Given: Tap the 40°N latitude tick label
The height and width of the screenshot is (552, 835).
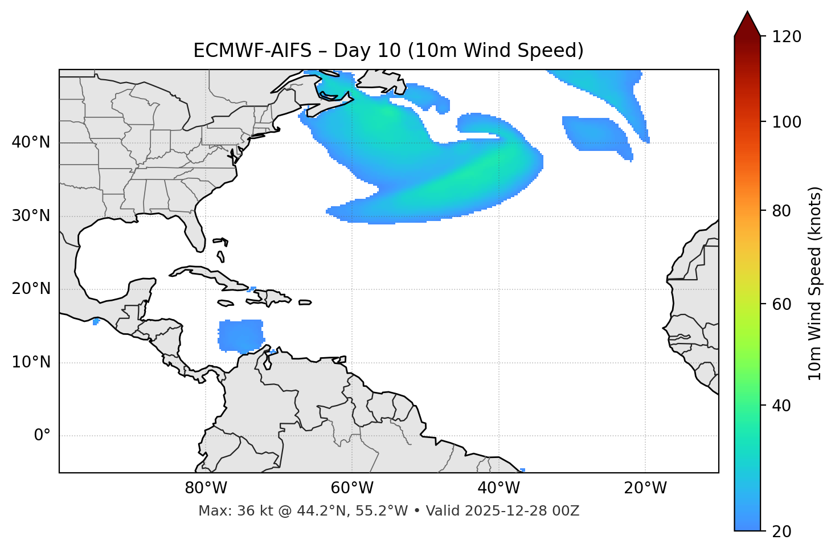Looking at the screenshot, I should (x=31, y=142).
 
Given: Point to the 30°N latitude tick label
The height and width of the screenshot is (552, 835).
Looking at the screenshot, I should (x=31, y=216).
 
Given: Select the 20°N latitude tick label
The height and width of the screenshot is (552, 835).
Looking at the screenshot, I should (x=31, y=289).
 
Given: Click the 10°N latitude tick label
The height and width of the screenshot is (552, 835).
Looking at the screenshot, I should (x=31, y=362).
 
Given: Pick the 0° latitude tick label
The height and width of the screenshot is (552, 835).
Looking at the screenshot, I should (x=42, y=436).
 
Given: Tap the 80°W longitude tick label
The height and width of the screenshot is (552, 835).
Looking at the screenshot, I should (x=206, y=488).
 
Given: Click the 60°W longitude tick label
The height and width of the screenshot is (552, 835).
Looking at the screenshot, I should (x=352, y=488).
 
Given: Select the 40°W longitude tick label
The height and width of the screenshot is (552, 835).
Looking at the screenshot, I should (x=498, y=488).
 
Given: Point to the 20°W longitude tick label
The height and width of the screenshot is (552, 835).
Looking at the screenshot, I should (x=645, y=488).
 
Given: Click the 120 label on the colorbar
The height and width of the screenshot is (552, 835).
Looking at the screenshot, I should (x=787, y=37).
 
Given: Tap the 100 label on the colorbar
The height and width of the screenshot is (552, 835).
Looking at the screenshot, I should (x=787, y=122).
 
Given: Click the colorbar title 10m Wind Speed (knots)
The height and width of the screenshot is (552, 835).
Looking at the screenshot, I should (x=815, y=283).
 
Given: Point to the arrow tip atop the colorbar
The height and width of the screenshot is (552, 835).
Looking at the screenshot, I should (x=747, y=13).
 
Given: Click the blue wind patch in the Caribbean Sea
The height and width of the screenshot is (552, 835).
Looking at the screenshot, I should (x=241, y=335).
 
